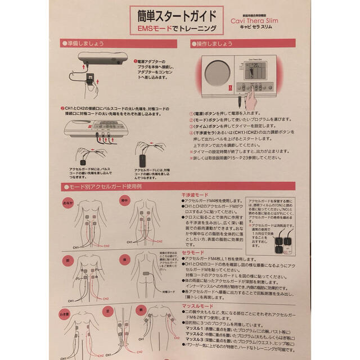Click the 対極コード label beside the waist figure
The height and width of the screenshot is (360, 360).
[x=169, y=292]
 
